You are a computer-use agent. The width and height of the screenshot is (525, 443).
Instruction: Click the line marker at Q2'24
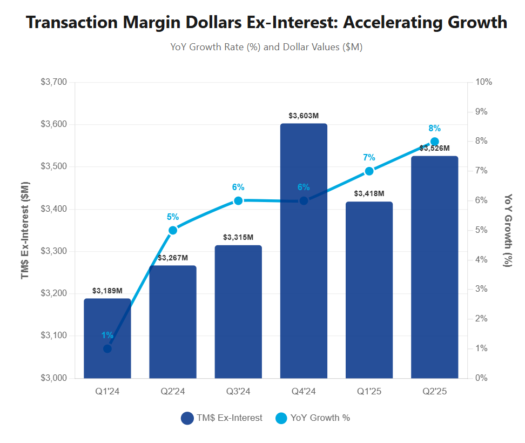pyautogui.click(x=173, y=230)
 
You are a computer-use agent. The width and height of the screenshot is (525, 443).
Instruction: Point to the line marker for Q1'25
pyautogui.click(x=369, y=171)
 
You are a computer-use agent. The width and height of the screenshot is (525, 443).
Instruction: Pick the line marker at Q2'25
pyautogui.click(x=434, y=142)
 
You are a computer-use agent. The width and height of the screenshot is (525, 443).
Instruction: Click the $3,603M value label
pyautogui.click(x=304, y=116)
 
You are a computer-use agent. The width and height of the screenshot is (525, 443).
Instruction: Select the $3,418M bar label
pyautogui.click(x=369, y=193)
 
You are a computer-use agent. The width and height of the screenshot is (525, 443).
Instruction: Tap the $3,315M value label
pyautogui.click(x=238, y=237)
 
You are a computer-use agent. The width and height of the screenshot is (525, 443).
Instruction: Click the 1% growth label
pyautogui.click(x=107, y=335)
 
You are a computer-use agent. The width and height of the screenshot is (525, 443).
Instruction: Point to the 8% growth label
pyautogui.click(x=434, y=129)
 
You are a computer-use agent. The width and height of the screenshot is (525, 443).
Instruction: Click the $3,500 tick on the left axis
pyautogui.click(x=53, y=167)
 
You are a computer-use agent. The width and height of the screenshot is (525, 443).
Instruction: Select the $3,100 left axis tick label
pyautogui.click(x=53, y=336)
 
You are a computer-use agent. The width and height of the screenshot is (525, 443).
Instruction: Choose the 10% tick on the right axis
pyautogui.click(x=483, y=82)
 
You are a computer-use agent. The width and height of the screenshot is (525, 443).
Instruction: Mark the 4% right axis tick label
pyautogui.click(x=481, y=260)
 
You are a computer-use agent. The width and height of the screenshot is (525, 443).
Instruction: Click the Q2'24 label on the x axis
pyautogui.click(x=173, y=392)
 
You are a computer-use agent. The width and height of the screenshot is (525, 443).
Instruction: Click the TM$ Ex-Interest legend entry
pyautogui.click(x=222, y=418)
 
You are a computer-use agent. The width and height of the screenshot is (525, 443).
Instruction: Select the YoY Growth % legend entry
pyautogui.click(x=313, y=418)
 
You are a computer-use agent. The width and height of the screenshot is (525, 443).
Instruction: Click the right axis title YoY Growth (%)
pyautogui.click(x=507, y=230)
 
